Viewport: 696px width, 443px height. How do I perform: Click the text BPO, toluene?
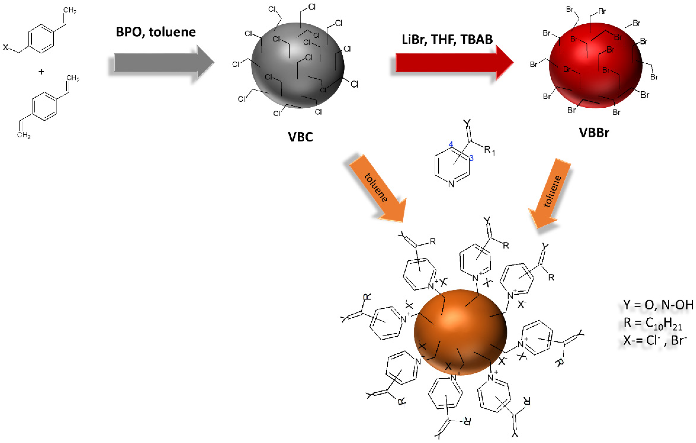click(156, 32)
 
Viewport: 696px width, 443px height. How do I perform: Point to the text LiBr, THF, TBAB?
click(447, 39)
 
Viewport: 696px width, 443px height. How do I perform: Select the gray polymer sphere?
click(298, 66)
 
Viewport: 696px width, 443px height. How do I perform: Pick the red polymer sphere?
click(595, 66)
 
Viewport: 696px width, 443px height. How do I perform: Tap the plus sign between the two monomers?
click(41, 71)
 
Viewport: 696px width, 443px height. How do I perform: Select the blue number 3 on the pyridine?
click(471, 158)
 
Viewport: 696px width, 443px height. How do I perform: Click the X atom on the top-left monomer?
click(5, 47)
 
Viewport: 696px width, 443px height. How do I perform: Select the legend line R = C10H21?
click(653, 322)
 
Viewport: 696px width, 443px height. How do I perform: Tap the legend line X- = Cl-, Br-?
click(654, 340)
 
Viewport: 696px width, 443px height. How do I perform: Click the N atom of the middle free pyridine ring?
click(451, 184)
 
